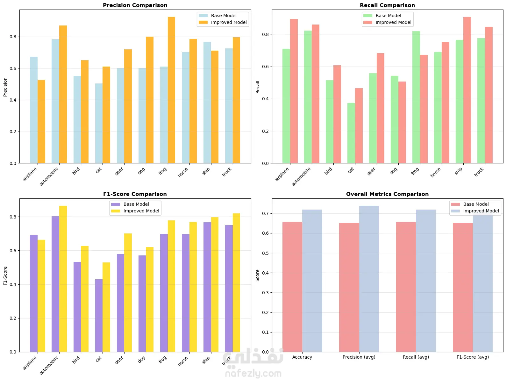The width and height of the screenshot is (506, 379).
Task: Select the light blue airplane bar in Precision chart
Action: coord(34,110)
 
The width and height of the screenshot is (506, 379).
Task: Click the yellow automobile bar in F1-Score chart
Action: coord(63,279)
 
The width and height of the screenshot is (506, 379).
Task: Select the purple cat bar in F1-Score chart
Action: coord(99,315)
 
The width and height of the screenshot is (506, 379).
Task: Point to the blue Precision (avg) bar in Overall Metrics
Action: coord(369,279)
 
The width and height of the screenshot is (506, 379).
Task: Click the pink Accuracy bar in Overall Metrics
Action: coord(292,287)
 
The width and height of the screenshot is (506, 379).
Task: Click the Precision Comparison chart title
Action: coord(135,5)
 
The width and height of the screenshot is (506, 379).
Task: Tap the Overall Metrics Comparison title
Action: coord(387,194)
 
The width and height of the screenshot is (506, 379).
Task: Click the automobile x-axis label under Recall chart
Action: coord(301,176)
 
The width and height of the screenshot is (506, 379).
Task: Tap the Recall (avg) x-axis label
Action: coord(416,357)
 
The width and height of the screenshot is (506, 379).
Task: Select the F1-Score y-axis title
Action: coord(5,275)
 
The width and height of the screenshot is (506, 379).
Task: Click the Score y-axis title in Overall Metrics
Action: coord(257,275)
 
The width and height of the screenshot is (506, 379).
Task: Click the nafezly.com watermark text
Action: coord(253,373)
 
